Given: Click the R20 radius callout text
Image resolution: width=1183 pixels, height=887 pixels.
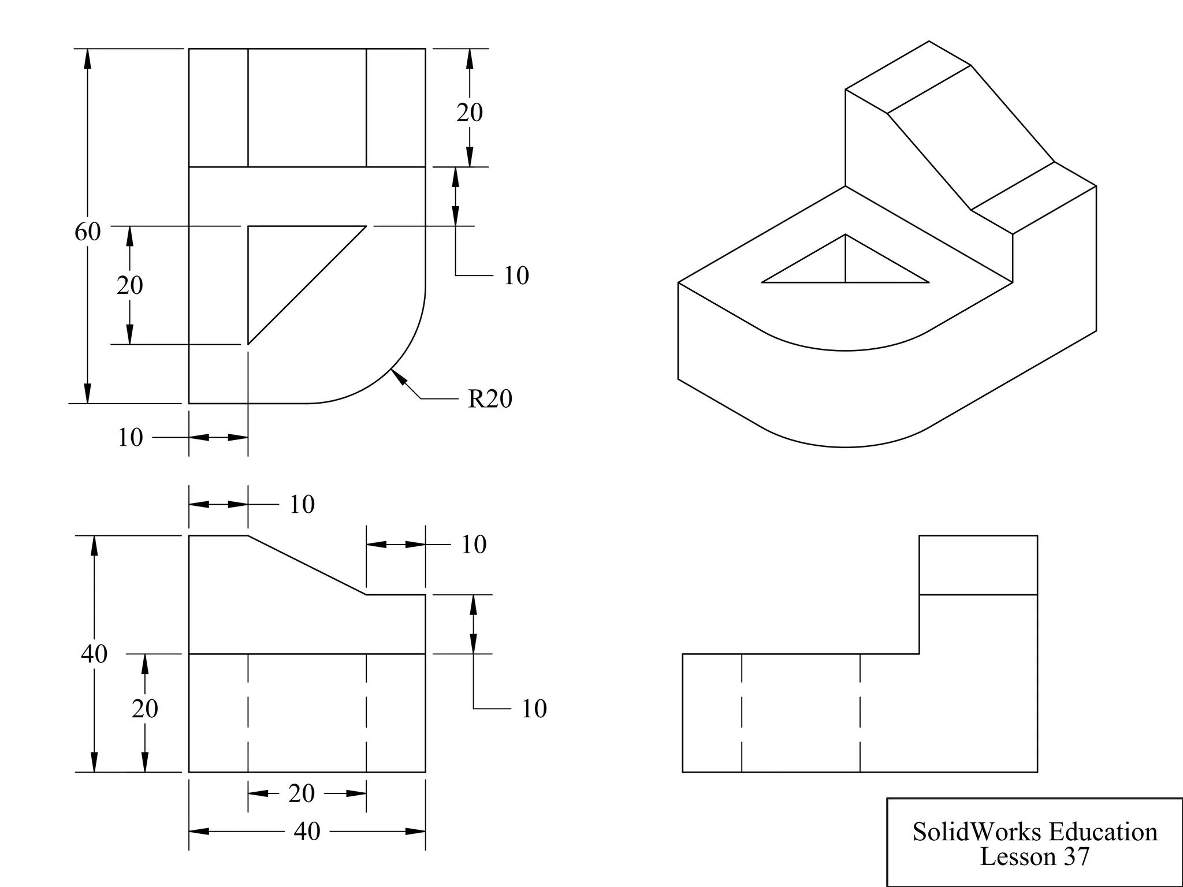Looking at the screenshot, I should [490, 399].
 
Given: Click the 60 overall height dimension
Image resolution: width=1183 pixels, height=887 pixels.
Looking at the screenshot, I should [87, 232].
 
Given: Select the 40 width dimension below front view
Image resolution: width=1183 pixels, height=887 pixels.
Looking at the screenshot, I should [307, 832].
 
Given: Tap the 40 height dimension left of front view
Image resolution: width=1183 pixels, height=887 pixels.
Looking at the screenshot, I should [94, 654].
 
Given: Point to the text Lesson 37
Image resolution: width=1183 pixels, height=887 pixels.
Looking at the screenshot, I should [1034, 856].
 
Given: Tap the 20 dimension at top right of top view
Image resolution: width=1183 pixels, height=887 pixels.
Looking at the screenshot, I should [469, 112].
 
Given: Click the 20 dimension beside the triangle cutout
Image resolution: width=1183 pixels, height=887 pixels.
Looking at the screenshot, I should [129, 285].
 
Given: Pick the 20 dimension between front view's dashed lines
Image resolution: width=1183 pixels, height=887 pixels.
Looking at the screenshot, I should [301, 793].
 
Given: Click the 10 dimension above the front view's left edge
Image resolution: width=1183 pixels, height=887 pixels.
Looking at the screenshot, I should [302, 504].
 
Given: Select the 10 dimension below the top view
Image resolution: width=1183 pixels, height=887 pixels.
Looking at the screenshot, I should [130, 438].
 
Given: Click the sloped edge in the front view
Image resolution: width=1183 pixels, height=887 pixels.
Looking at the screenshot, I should [307, 565].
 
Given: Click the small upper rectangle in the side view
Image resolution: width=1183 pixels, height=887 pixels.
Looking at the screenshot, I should [978, 565].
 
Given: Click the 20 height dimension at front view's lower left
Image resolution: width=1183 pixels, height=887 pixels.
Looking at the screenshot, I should [144, 709].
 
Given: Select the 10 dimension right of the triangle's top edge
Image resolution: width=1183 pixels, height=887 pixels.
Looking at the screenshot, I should [516, 275].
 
